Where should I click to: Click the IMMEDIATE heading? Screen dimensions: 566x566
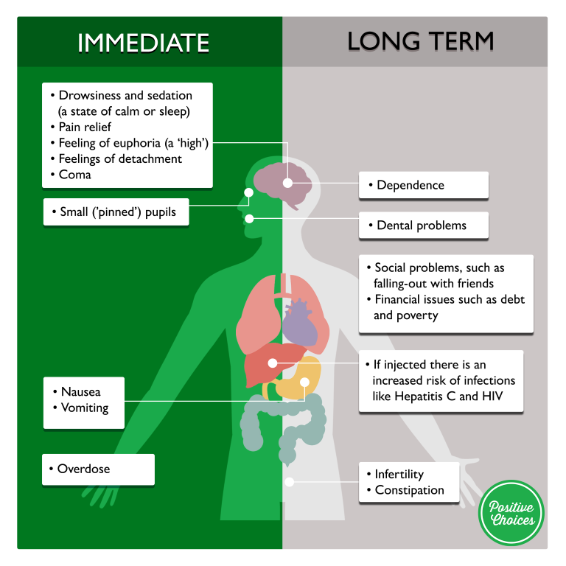pos(143,42)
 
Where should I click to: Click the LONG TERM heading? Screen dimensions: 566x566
pos(420,42)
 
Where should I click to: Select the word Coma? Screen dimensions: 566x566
pos(75,175)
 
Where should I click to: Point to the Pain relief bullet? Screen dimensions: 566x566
pos(85,127)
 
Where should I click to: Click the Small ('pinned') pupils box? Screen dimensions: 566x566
pos(116,212)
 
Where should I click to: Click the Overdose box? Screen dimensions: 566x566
pos(98,469)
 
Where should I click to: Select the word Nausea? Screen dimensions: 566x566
pos(81,392)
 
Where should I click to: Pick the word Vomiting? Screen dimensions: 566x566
pos(85,408)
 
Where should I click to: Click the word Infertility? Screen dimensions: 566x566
pos(399,474)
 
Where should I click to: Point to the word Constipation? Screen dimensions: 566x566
pos(409,490)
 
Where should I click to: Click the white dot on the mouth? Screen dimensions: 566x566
pos(250,218)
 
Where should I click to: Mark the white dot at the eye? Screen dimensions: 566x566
pos(248,192)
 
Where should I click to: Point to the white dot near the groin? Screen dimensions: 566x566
pos(290,482)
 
